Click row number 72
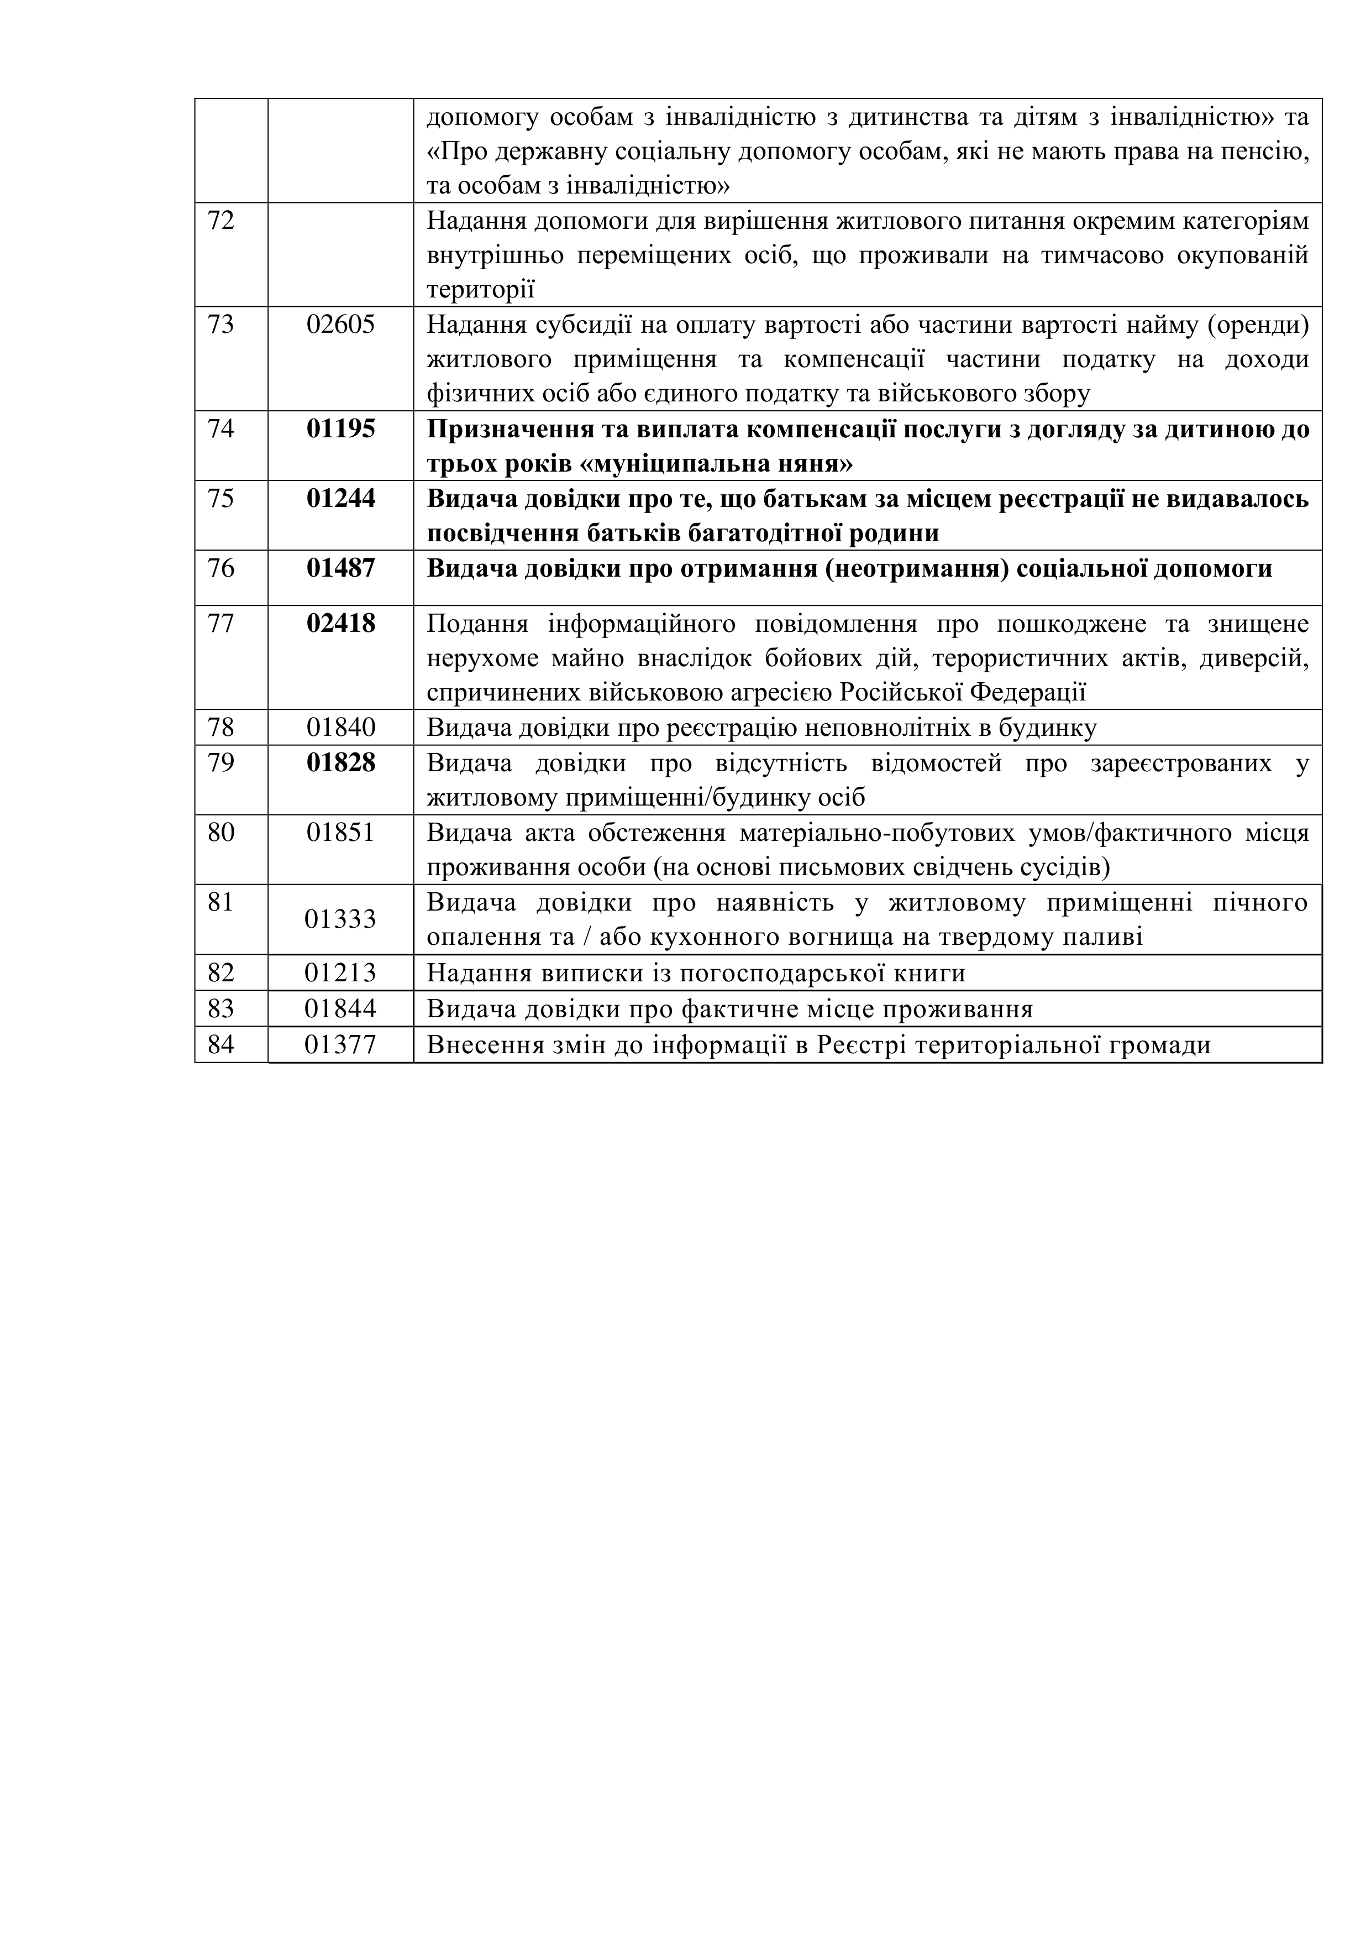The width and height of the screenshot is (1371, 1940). pos(222,221)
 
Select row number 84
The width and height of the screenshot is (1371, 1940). pos(222,1045)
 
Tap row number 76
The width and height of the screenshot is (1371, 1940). pos(222,568)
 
